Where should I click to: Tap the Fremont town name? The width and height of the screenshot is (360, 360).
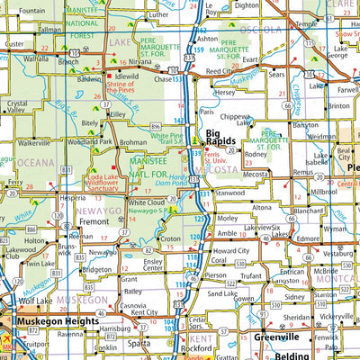(x=101, y=220)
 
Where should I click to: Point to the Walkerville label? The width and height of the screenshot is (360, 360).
(x=34, y=142)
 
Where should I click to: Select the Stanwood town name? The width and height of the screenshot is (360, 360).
(x=230, y=193)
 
